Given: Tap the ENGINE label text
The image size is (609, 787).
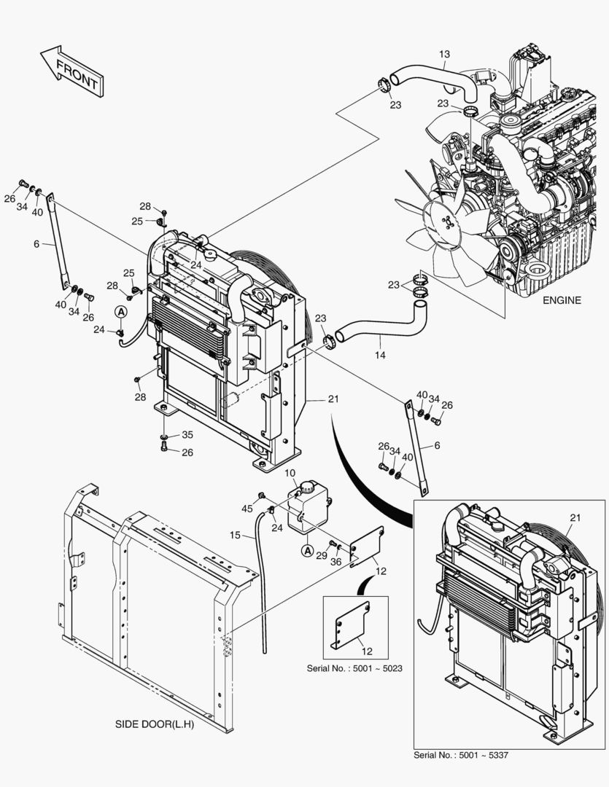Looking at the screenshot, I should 562,300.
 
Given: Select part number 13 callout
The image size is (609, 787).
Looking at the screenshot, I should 445,54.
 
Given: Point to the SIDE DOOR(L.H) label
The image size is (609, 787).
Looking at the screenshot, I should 155,725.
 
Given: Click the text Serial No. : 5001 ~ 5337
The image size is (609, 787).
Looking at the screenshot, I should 461,754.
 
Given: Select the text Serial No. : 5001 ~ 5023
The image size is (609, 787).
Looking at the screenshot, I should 356,667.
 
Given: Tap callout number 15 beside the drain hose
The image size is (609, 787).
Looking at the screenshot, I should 236,536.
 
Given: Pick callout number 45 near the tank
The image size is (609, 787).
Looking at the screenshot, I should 247,508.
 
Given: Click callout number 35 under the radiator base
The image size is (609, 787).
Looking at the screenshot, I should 187,435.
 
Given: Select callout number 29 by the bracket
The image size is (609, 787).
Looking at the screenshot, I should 322,556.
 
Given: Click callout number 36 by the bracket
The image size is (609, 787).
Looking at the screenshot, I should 337,561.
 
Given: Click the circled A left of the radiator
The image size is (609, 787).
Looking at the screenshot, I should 120,312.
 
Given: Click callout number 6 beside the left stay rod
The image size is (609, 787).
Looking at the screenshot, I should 36,245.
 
